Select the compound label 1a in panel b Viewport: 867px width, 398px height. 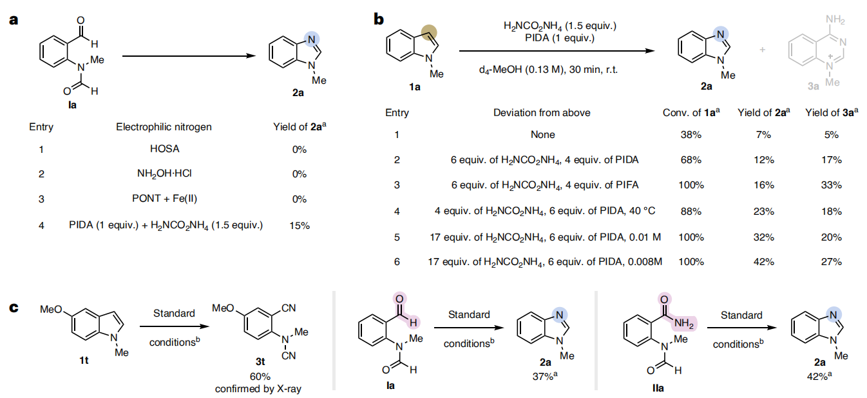point(413,88)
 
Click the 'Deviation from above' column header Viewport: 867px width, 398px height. point(542,112)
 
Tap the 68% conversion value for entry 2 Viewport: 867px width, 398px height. point(691,159)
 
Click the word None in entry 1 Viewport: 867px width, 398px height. point(542,135)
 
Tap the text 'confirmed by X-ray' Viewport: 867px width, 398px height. point(258,388)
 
